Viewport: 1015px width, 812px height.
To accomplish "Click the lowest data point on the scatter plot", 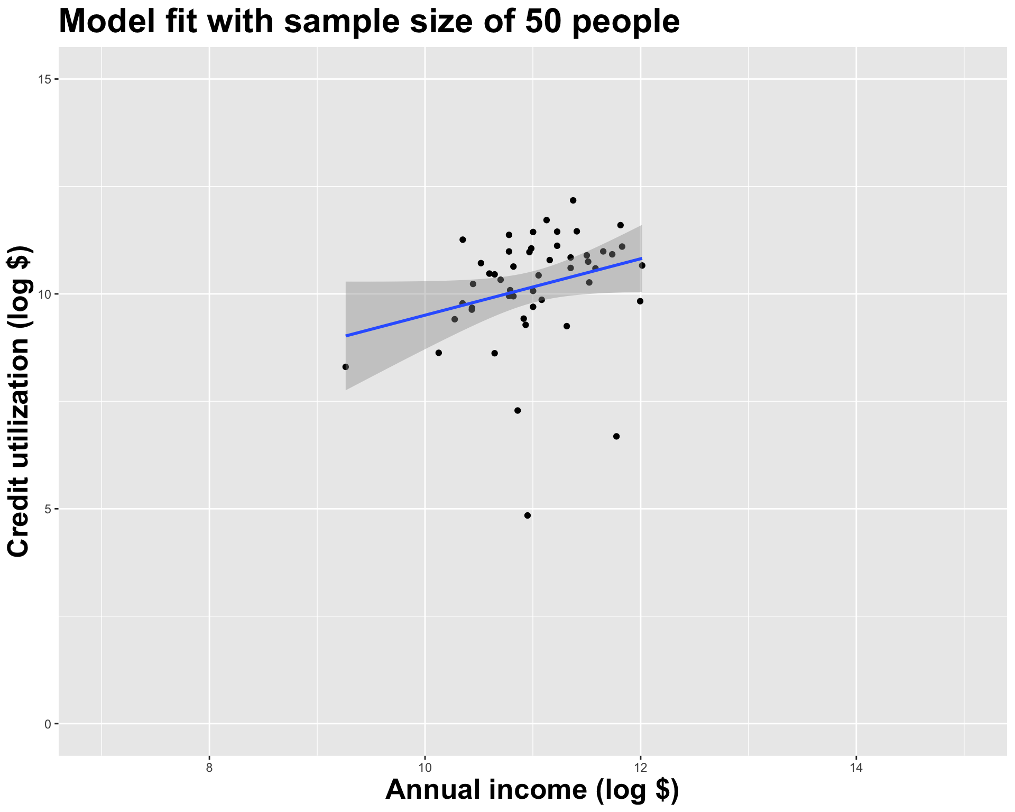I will coord(527,515).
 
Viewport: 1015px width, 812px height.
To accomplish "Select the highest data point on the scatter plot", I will coord(573,200).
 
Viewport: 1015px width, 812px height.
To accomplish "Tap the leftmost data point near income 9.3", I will coord(346,367).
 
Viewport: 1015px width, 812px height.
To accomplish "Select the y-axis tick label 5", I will coord(47,509).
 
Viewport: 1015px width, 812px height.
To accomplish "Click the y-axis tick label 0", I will coord(47,724).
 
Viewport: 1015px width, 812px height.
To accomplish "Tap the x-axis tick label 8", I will coord(209,767).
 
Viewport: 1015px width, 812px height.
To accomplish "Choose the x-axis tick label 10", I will coord(425,767).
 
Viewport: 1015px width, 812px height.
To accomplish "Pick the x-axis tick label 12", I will coord(641,767).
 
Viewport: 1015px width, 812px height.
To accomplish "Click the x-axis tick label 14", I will coord(856,767).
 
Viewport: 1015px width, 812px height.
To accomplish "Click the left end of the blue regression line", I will coord(346,336).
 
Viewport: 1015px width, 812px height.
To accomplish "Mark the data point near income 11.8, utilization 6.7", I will coord(616,436).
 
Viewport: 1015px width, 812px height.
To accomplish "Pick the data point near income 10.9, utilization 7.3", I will coord(518,411).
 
